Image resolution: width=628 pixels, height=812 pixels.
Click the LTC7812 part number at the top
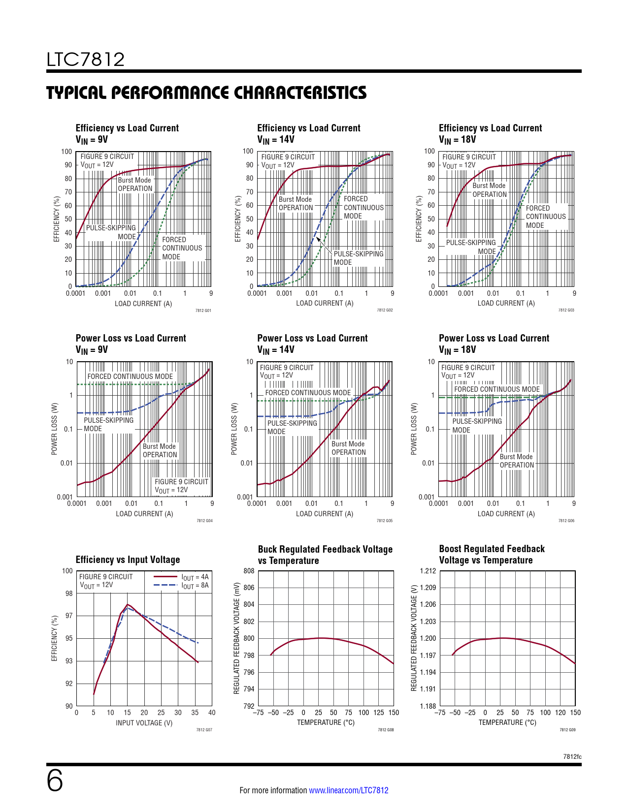(x=86, y=60)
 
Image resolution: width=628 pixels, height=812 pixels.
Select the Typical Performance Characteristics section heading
(x=206, y=93)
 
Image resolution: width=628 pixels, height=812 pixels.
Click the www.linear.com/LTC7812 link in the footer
(x=348, y=790)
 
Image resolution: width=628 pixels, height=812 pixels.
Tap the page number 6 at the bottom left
(x=55, y=781)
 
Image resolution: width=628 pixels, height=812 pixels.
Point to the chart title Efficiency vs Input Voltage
(x=128, y=560)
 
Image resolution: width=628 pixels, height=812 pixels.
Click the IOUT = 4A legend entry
(x=195, y=577)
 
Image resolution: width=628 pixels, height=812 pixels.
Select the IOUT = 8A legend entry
(x=195, y=586)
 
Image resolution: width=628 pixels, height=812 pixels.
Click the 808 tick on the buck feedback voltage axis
(x=249, y=571)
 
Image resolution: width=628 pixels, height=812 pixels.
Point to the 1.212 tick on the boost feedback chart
(x=428, y=571)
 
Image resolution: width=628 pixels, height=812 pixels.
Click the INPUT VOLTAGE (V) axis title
(x=144, y=723)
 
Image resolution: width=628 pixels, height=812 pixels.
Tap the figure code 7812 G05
(x=385, y=521)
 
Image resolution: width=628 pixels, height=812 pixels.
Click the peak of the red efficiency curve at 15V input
(x=127, y=604)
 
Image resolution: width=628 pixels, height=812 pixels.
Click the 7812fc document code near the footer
(x=572, y=756)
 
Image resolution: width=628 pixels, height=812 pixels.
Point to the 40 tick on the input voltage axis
(x=212, y=713)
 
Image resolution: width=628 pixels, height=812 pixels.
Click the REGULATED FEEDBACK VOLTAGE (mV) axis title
(x=236, y=638)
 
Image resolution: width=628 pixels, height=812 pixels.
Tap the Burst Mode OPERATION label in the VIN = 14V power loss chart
(x=348, y=448)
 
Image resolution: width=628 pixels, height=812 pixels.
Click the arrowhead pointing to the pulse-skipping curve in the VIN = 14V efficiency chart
(x=318, y=239)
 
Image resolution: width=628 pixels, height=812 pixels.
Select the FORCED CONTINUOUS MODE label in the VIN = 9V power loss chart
(x=130, y=376)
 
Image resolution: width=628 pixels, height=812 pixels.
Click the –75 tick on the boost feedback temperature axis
(x=440, y=713)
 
